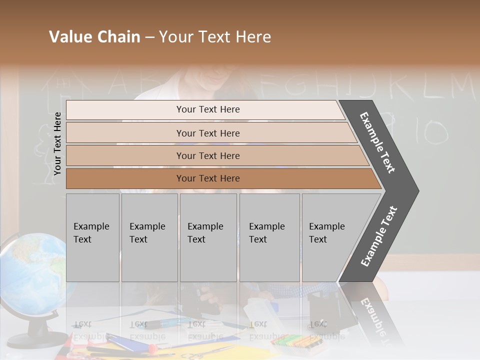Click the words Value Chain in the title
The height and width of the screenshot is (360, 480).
(94, 37)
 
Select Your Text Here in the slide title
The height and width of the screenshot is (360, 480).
(215, 37)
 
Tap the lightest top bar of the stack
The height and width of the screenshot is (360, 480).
(207, 109)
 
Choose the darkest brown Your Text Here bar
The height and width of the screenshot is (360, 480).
(207, 178)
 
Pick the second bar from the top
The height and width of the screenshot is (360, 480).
(207, 133)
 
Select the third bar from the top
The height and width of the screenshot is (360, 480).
(207, 156)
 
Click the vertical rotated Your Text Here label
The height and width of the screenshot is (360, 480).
(57, 143)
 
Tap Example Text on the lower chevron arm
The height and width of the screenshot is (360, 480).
(379, 236)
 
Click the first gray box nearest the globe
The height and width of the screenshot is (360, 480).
(92, 237)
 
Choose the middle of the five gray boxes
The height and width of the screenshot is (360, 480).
(208, 237)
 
